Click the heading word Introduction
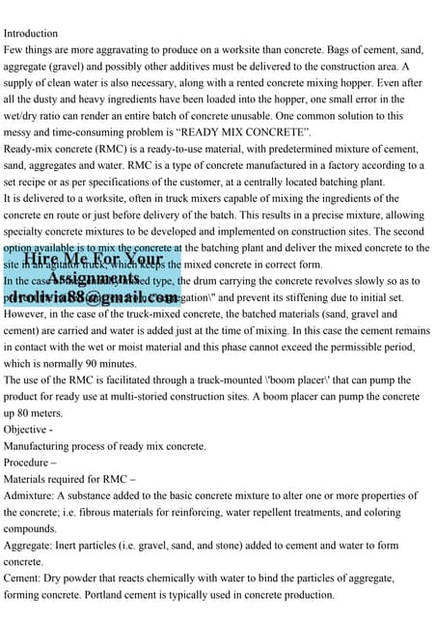32,33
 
